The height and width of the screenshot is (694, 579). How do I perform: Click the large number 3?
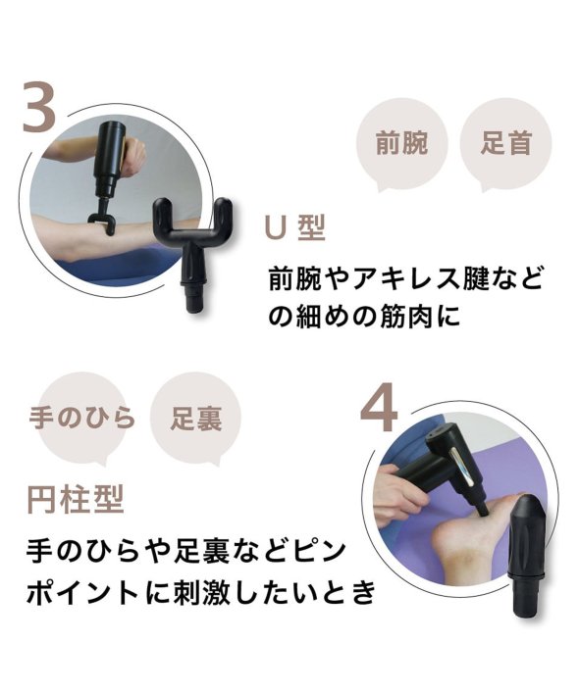coord(39,107)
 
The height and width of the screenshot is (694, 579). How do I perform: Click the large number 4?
coord(379,407)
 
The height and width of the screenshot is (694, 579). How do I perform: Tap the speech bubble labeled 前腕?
coord(401,143)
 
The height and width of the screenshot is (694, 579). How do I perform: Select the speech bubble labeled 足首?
coord(505,143)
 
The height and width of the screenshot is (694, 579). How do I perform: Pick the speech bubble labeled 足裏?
coord(196,419)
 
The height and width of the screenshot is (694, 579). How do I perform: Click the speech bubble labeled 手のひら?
coord(82,419)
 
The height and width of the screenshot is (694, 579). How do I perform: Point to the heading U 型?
coord(294,227)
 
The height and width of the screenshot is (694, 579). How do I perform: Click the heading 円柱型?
coord(76,500)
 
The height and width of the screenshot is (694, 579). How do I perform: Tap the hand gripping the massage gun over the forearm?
coord(132,156)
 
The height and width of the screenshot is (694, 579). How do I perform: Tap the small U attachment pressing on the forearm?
coord(103,221)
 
